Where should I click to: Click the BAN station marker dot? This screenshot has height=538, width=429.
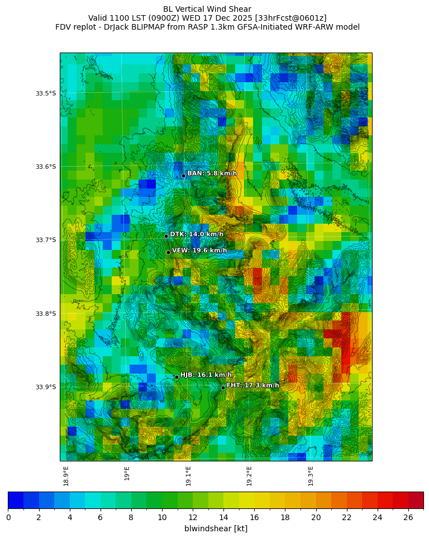(x=183, y=176)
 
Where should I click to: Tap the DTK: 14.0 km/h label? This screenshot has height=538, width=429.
(x=197, y=234)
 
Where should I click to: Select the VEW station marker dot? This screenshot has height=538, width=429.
(x=168, y=252)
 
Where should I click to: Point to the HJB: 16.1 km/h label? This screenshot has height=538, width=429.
(x=206, y=375)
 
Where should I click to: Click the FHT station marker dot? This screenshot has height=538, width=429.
(x=223, y=388)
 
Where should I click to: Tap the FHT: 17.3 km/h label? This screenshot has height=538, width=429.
(x=252, y=385)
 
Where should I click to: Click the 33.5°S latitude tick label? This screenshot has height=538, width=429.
(x=46, y=93)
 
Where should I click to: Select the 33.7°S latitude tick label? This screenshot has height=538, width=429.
(x=46, y=240)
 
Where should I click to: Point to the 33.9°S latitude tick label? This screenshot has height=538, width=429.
(x=46, y=387)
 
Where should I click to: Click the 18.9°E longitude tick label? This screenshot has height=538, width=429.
(x=66, y=476)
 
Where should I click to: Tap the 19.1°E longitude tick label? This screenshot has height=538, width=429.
(x=188, y=476)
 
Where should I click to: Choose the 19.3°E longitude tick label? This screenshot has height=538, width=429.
(x=311, y=476)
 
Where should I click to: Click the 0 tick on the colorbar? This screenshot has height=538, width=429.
(x=8, y=517)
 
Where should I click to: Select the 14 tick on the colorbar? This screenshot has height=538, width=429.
(x=223, y=517)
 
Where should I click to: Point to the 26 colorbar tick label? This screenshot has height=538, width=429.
(x=408, y=517)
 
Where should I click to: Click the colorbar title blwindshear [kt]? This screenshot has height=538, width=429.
(x=216, y=528)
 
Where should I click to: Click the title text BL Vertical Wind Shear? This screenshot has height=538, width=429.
(x=207, y=9)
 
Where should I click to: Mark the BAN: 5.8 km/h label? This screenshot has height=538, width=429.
(x=212, y=173)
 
